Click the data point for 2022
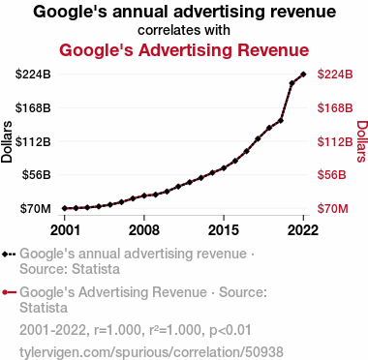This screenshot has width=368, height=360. (x=303, y=75)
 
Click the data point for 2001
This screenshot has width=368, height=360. (x=65, y=208)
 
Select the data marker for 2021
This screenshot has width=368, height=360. (x=291, y=83)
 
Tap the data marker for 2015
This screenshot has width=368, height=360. (x=224, y=168)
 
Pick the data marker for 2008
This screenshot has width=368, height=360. (x=144, y=195)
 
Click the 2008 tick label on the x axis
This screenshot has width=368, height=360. (x=144, y=230)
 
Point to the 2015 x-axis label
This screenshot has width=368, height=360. (x=224, y=230)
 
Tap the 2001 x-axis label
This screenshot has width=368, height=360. (x=65, y=230)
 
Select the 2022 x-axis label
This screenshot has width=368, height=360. (x=303, y=230)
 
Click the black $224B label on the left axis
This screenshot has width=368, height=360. (x=33, y=75)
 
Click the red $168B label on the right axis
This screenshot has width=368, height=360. (x=335, y=107)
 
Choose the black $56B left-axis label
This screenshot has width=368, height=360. (x=37, y=175)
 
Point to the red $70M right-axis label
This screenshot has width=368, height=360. (x=333, y=209)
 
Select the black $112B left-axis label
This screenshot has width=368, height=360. (x=33, y=141)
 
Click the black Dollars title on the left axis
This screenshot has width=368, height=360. (x=7, y=141)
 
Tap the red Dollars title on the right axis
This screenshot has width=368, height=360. (x=362, y=141)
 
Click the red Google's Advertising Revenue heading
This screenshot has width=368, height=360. (x=184, y=50)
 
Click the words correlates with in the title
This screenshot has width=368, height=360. (x=184, y=30)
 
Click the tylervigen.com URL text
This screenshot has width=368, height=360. (x=151, y=352)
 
